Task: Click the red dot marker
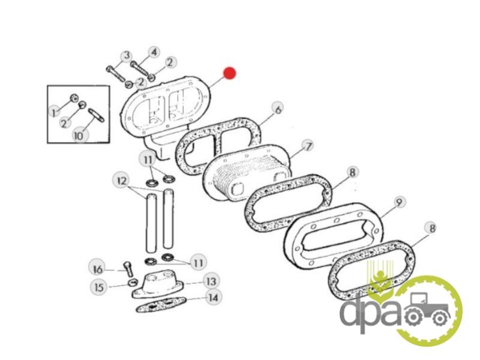pyautogui.click(x=230, y=73)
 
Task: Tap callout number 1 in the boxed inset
pyautogui.click(x=55, y=113)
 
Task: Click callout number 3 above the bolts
pyautogui.click(x=126, y=56)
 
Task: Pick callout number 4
pyautogui.click(x=154, y=52)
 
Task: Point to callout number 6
pyautogui.click(x=278, y=109)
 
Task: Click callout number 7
pyautogui.click(x=308, y=146)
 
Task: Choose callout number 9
pyautogui.click(x=398, y=202)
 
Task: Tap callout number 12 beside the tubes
pyautogui.click(x=122, y=181)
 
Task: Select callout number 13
pyautogui.click(x=211, y=281)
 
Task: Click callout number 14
pyautogui.click(x=213, y=297)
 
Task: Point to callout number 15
pyautogui.click(x=99, y=287)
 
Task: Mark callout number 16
pyautogui.click(x=98, y=269)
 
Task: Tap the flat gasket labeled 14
pyautogui.click(x=161, y=304)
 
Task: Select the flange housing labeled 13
pyautogui.click(x=158, y=284)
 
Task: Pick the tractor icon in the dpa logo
pyautogui.click(x=428, y=310)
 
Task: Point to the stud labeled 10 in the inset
pyautogui.click(x=96, y=115)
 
